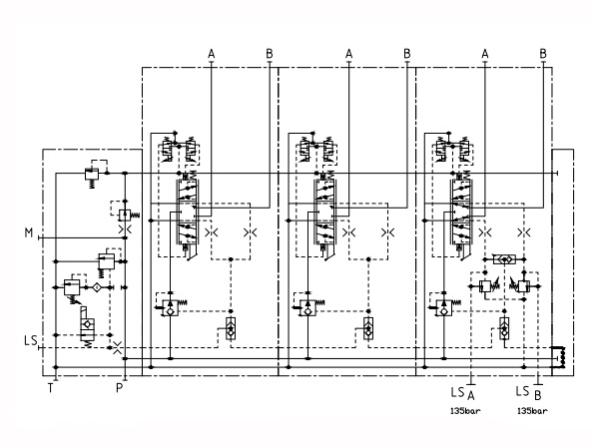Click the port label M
pyautogui.click(x=29, y=232)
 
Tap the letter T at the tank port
pyautogui.click(x=51, y=388)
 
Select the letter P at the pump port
pyautogui.click(x=120, y=388)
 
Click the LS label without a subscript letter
pyautogui.click(x=31, y=340)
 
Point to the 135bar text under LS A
pyautogui.click(x=465, y=411)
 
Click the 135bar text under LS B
pyautogui.click(x=532, y=411)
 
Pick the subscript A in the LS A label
pyautogui.click(x=471, y=395)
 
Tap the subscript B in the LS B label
pyautogui.click(x=538, y=395)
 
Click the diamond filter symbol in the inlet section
pyautogui.click(x=97, y=287)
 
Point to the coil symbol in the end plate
pyautogui.click(x=562, y=356)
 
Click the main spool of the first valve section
pyautogui.click(x=188, y=212)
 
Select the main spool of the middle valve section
pyautogui.click(x=324, y=212)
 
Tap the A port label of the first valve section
pyautogui.click(x=212, y=54)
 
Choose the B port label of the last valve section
pyautogui.click(x=543, y=54)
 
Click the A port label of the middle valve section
pyautogui.click(x=349, y=54)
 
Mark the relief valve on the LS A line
pyautogui.click(x=487, y=286)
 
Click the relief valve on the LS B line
pyautogui.click(x=521, y=286)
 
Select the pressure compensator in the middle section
pyautogui.click(x=307, y=307)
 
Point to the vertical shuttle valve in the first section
pyautogui.click(x=231, y=328)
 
